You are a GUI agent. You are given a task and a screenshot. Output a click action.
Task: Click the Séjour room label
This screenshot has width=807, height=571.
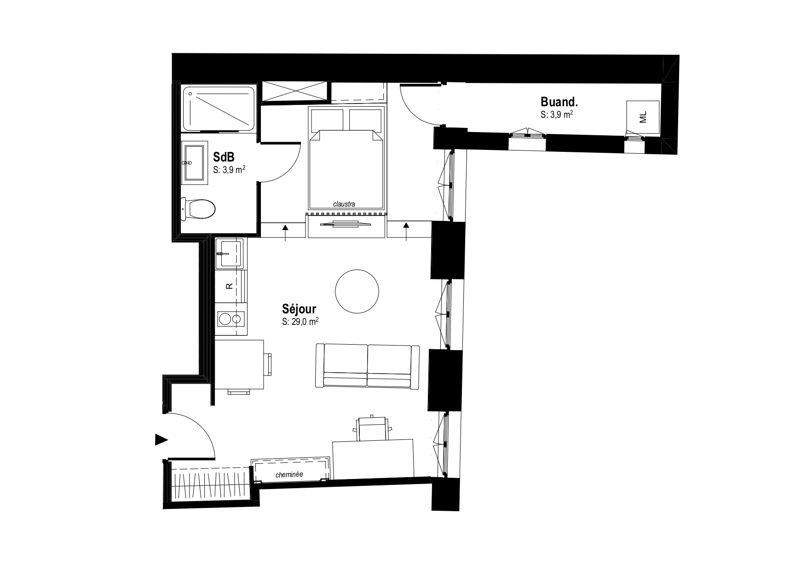[x=299, y=309]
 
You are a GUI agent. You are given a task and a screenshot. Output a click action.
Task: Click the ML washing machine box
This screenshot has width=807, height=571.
[x=643, y=117]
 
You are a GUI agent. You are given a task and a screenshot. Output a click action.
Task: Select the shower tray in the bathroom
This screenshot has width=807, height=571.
[x=219, y=109]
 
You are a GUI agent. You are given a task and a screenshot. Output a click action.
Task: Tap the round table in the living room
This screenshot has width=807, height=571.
[x=357, y=291]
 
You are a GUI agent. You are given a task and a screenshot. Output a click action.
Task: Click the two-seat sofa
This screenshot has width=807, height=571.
[x=367, y=366]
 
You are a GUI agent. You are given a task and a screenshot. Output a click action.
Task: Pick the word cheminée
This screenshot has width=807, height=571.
[x=289, y=475]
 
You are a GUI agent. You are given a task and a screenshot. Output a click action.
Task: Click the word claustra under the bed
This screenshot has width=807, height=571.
[x=345, y=204]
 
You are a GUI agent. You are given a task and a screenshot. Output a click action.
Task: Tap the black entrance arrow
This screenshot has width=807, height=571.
[x=161, y=440]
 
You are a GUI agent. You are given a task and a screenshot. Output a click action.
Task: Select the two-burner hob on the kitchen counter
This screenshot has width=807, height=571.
[x=231, y=318]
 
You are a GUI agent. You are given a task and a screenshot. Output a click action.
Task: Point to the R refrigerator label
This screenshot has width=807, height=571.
[x=229, y=286]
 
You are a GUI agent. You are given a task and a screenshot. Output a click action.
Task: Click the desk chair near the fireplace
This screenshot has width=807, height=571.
[x=372, y=427]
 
